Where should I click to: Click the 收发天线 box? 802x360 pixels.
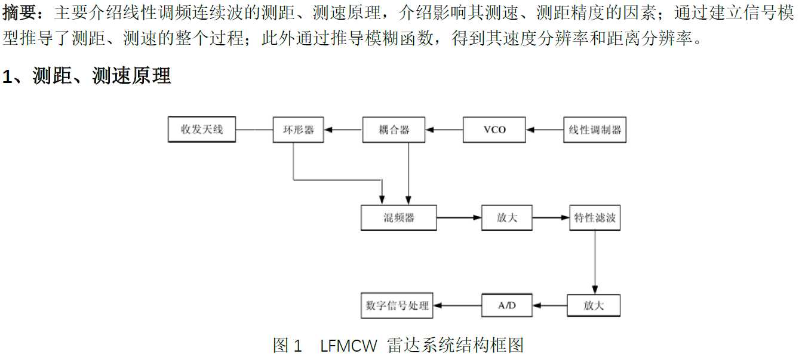click(202, 130)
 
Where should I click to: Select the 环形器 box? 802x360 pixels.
click(298, 130)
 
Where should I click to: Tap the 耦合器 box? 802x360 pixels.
click(394, 130)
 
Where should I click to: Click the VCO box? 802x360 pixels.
click(494, 130)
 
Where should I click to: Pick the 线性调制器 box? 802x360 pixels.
click(595, 130)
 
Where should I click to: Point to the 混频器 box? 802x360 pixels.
click(398, 218)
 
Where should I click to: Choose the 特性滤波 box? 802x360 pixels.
click(594, 218)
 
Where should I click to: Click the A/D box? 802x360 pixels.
click(506, 305)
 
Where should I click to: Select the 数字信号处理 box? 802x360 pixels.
click(397, 305)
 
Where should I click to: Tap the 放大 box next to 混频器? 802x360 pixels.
click(506, 218)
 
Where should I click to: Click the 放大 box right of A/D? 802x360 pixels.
click(594, 305)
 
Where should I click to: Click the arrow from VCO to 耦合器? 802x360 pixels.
click(444, 130)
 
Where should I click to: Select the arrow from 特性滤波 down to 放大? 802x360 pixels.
click(594, 263)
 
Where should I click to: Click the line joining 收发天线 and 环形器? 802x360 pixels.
click(254, 130)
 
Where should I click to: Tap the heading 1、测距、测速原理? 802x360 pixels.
click(87, 76)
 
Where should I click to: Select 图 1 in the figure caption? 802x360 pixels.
click(288, 346)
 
